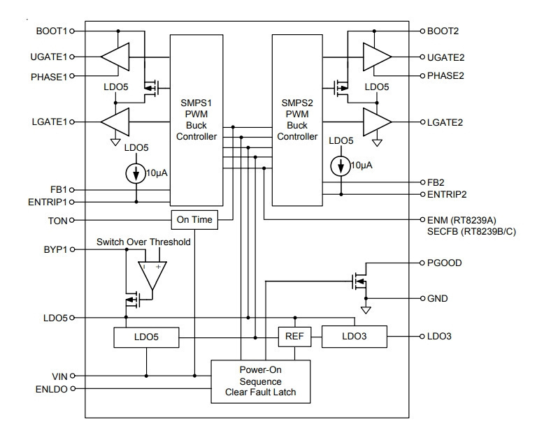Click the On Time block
click(194, 220)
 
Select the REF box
click(294, 337)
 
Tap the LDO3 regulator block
click(354, 337)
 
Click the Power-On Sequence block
click(261, 381)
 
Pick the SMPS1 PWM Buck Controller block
click(196, 120)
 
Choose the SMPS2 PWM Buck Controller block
click(297, 120)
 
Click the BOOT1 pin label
click(51, 31)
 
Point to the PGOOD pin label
click(445, 263)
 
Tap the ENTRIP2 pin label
click(447, 194)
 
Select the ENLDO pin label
click(52, 389)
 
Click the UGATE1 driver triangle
click(115, 57)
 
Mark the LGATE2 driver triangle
click(377, 122)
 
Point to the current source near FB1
click(136, 173)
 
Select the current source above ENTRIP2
click(341, 166)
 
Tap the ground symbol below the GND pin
click(366, 310)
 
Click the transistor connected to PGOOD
click(359, 281)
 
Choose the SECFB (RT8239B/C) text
click(471, 232)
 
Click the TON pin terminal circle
click(71, 221)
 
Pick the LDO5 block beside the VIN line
click(146, 337)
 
